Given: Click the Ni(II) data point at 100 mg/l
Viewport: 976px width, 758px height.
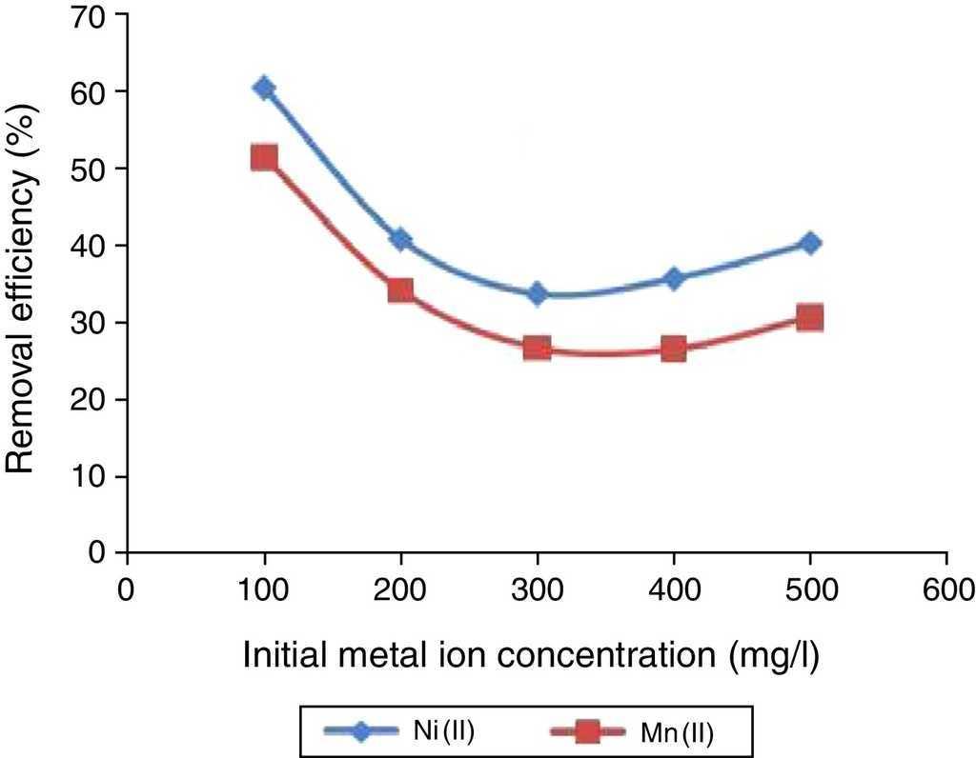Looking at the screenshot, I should coord(264,89).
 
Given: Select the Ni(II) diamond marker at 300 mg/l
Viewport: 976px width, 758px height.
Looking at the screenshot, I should coord(538,293).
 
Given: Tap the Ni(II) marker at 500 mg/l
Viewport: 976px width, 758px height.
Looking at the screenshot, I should coord(810,243).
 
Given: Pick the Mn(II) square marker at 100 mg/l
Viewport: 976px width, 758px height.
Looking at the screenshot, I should coord(264,157).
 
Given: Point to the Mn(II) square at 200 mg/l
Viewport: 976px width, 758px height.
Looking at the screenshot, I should coord(400,289).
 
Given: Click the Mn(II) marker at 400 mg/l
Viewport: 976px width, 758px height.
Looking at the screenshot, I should coord(674,349).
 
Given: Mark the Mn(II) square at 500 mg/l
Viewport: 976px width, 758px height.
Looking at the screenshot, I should coord(810,317).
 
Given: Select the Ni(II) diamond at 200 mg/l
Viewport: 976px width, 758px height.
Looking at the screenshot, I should coord(400,239).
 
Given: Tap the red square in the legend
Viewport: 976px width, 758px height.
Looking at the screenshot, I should coord(588,732).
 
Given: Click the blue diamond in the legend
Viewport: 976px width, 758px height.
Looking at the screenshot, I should coord(361,731).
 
